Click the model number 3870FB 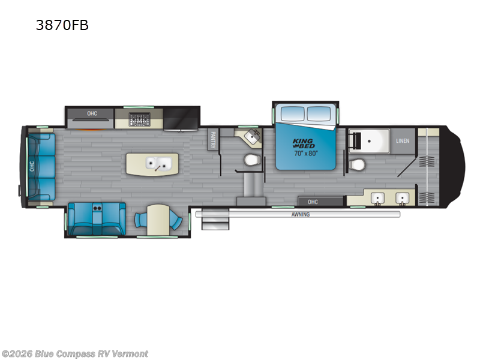pyautogui.click(x=62, y=25)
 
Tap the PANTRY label pyautogui.click(x=212, y=140)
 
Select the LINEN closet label pyautogui.click(x=403, y=141)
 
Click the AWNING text pyautogui.click(x=301, y=214)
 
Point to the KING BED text pyautogui.click(x=303, y=145)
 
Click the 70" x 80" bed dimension pyautogui.click(x=305, y=154)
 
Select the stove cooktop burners pyautogui.click(x=140, y=119)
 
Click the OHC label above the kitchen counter pyautogui.click(x=92, y=113)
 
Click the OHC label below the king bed pyautogui.click(x=313, y=202)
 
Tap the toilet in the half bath pyautogui.click(x=251, y=160)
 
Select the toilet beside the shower pyautogui.click(x=358, y=164)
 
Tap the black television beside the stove pyautogui.click(x=181, y=118)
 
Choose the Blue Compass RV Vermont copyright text pyautogui.click(x=74, y=353)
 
